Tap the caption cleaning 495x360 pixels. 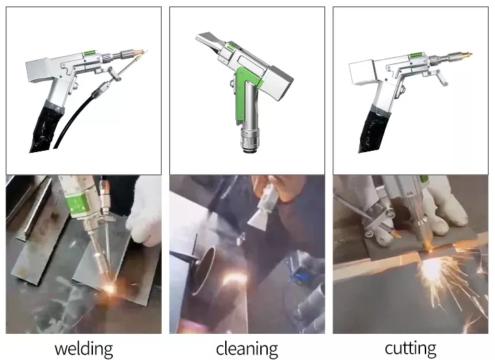[246, 348]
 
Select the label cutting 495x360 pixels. [411, 348]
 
